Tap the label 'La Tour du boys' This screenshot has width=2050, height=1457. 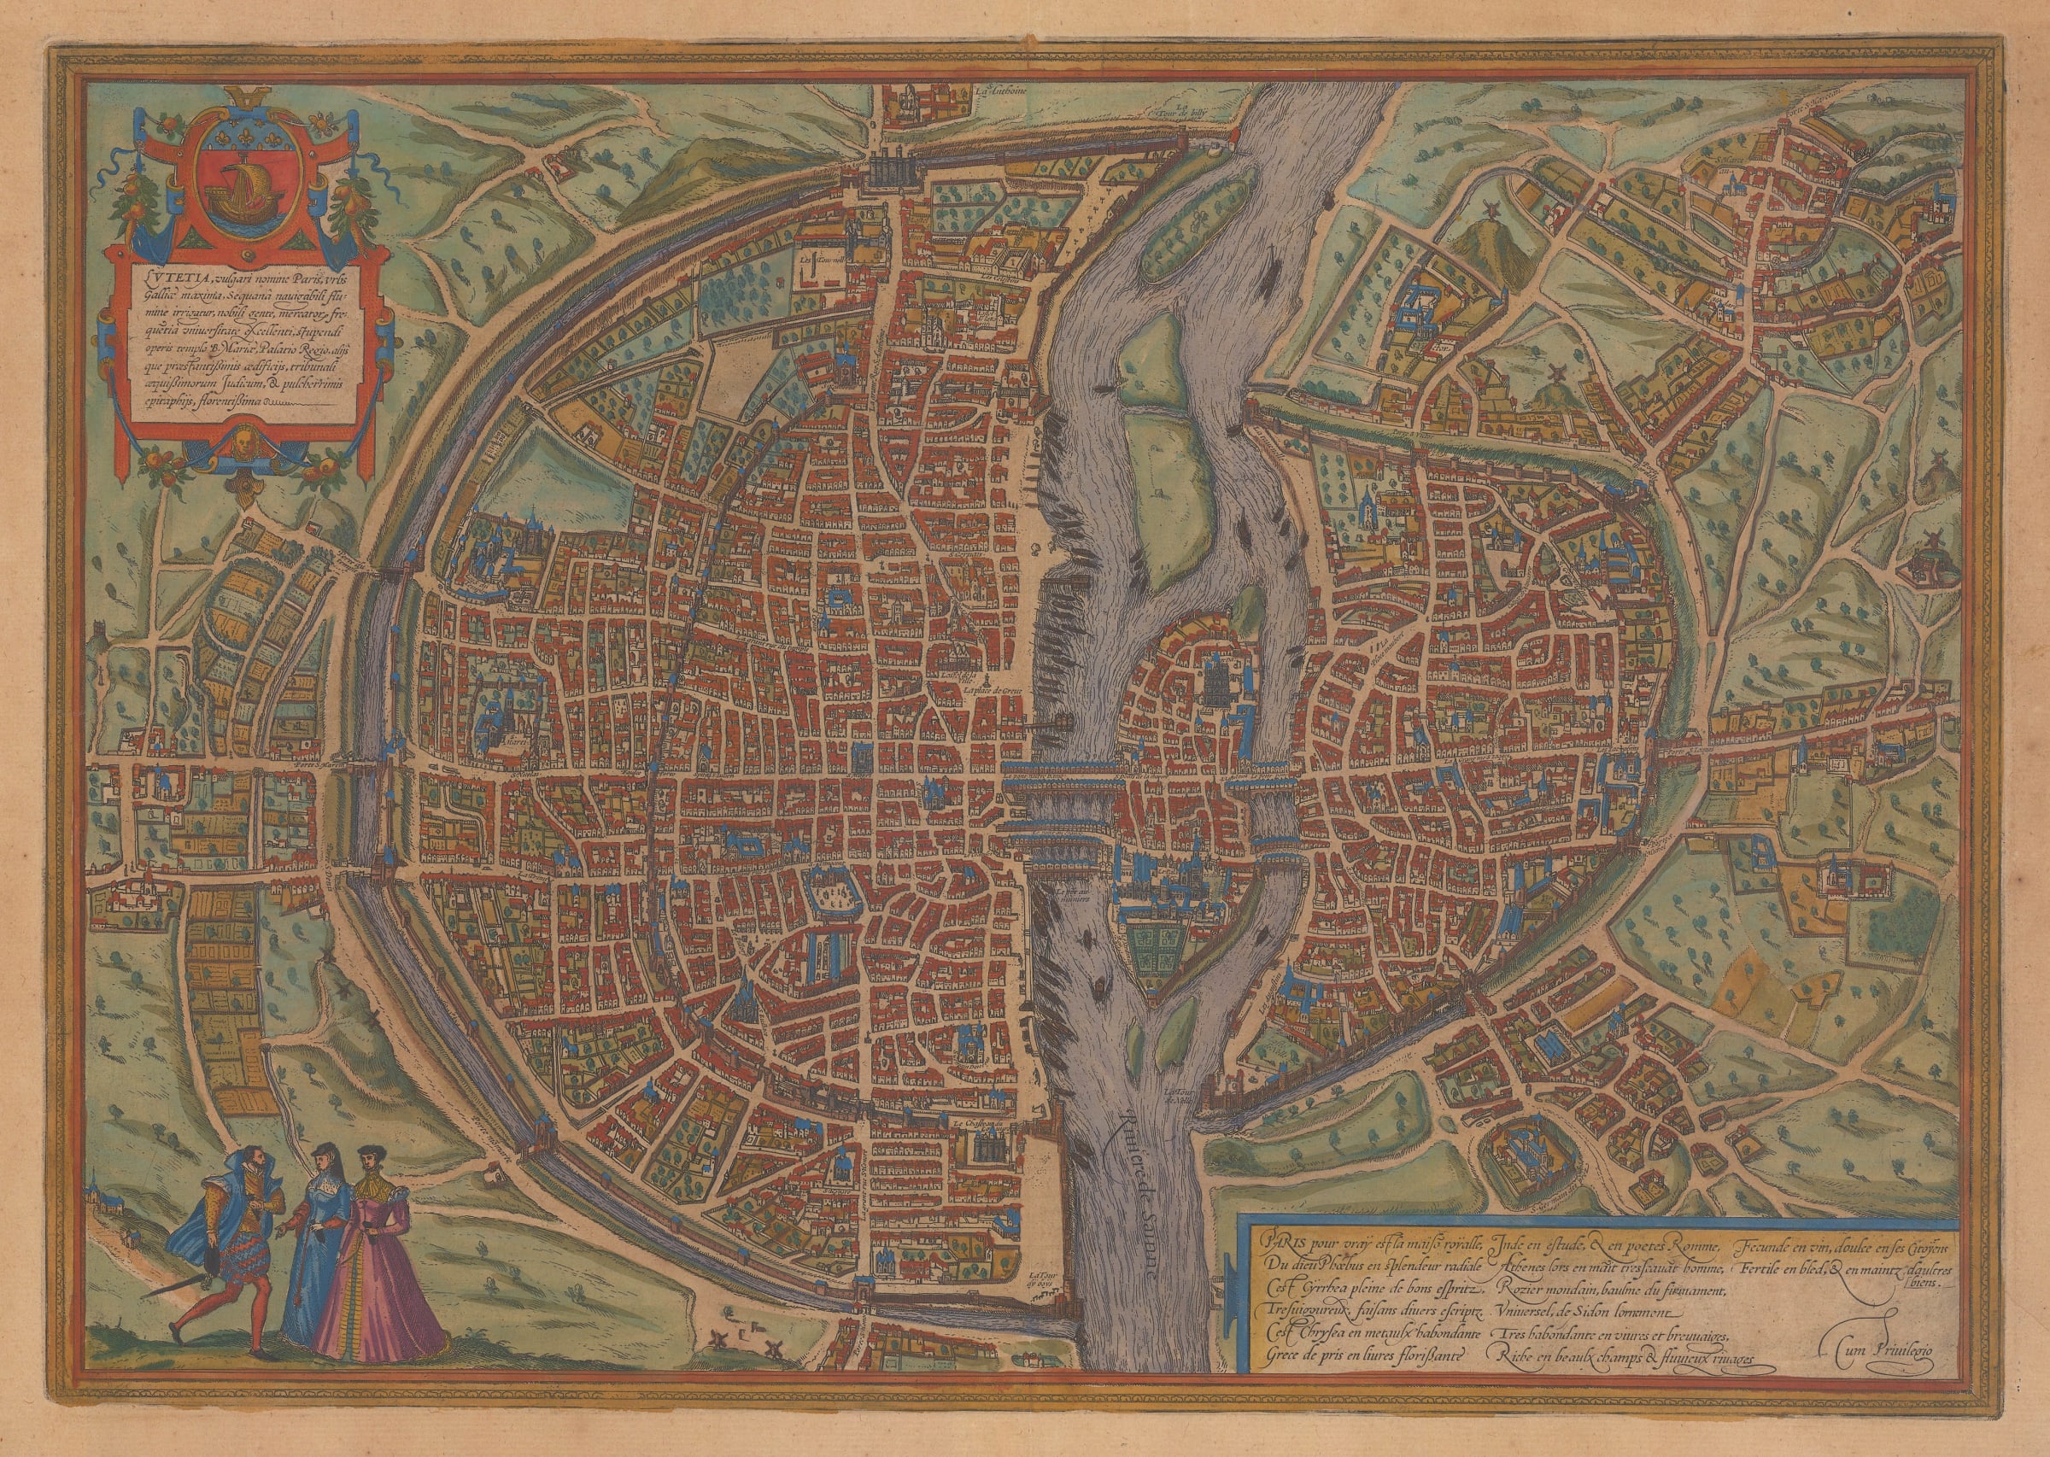point(1038,1279)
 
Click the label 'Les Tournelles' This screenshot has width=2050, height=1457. point(815,255)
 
